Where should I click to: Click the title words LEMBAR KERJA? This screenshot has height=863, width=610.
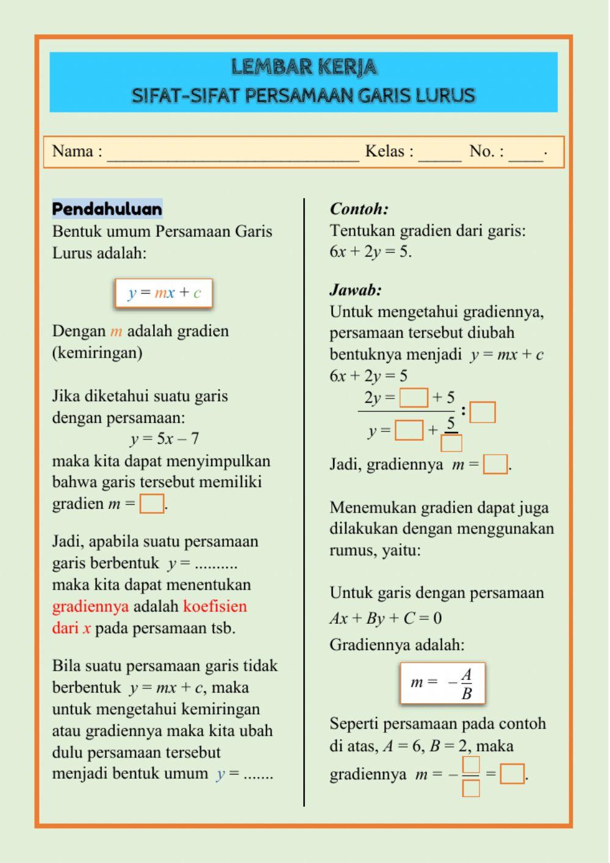[304, 67]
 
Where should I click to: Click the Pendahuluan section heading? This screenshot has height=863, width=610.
[107, 209]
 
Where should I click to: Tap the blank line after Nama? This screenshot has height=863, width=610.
[233, 153]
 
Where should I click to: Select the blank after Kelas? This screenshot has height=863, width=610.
[439, 153]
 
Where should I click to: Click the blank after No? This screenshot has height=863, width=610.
[525, 153]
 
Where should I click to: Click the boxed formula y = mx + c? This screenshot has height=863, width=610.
[164, 293]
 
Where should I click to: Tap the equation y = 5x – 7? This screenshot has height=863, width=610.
[164, 439]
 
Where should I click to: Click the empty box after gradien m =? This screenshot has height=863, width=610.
[152, 504]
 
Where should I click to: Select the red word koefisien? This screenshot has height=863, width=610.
[215, 607]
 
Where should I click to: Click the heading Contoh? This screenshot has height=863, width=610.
[359, 209]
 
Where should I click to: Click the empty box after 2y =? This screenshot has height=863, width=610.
[414, 399]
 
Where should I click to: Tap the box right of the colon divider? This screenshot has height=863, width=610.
[483, 412]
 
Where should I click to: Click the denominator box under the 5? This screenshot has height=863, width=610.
[451, 442]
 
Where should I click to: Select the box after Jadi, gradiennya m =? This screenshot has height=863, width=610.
[495, 464]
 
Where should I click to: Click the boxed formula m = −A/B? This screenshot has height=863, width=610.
[442, 683]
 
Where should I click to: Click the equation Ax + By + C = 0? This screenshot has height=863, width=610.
[386, 618]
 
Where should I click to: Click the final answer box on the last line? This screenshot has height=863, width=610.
[512, 774]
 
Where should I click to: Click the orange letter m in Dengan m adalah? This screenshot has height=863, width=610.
[116, 332]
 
